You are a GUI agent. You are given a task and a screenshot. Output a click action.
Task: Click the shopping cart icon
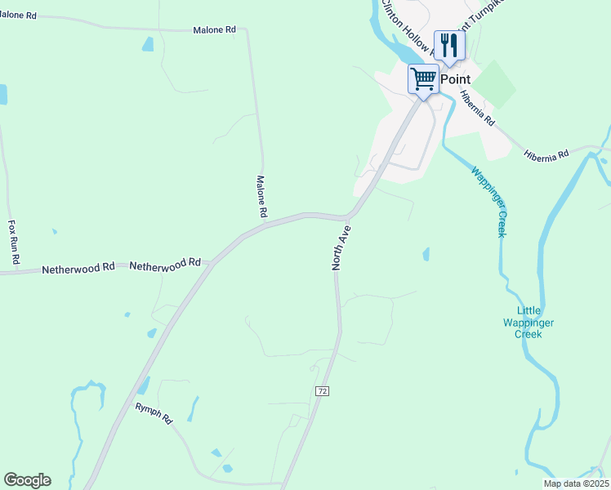click(423, 79)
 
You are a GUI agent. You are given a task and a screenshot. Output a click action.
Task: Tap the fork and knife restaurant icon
click(448, 45)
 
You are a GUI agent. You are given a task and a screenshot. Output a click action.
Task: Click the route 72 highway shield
click(322, 391)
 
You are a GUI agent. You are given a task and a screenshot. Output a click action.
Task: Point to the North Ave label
click(341, 247)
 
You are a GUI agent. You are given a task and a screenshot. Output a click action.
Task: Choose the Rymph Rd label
click(154, 413)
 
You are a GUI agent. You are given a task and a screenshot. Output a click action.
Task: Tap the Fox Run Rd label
click(12, 240)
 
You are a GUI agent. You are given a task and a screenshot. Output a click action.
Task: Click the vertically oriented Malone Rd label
click(262, 197)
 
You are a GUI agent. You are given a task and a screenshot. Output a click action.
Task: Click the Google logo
click(27, 480)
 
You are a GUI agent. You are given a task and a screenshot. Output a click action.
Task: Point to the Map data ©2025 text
click(575, 483)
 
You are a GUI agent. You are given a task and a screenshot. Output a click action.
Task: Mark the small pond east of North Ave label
click(426, 255)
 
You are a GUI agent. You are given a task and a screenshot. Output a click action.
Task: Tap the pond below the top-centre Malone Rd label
click(147, 44)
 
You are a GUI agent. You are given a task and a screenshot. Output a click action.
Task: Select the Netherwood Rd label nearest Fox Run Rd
click(78, 268)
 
